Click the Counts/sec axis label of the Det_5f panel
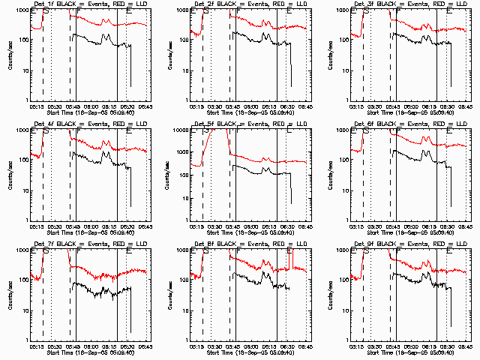(172, 174)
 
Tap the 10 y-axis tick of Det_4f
(25, 191)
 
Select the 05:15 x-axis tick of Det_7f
(34, 346)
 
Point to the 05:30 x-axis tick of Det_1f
(55, 106)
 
